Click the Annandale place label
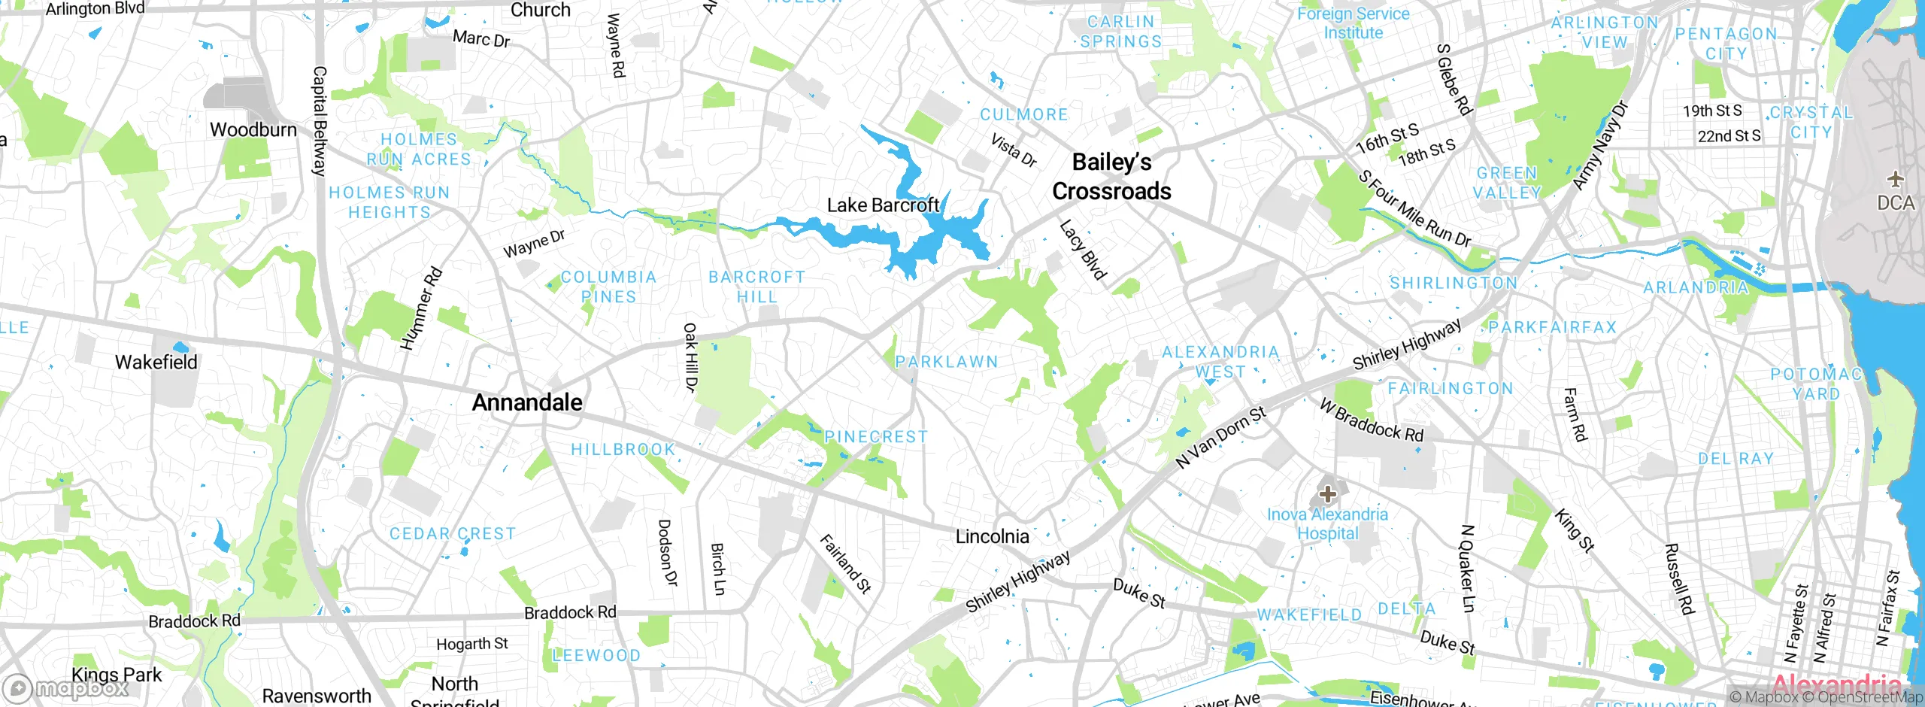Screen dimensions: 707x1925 526,402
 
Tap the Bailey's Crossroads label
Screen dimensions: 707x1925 1111,177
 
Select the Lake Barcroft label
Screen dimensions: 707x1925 883,205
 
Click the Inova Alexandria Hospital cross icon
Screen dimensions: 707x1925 1327,494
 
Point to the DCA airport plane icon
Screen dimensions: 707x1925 1895,179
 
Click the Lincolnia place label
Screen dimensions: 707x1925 992,536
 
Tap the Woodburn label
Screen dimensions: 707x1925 253,129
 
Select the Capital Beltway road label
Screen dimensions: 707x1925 320,120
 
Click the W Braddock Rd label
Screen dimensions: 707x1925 1372,420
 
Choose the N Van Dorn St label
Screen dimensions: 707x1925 1220,437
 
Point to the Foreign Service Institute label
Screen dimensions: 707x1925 1353,23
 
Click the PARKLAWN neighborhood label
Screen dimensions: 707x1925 947,362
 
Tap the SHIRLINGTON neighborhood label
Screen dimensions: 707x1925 1453,284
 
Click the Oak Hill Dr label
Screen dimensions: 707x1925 690,357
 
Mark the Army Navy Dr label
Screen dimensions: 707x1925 1600,145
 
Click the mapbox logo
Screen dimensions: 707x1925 66,687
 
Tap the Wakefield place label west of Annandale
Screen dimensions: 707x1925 156,362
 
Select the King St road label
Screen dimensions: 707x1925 1574,531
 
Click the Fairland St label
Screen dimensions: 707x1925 844,563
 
